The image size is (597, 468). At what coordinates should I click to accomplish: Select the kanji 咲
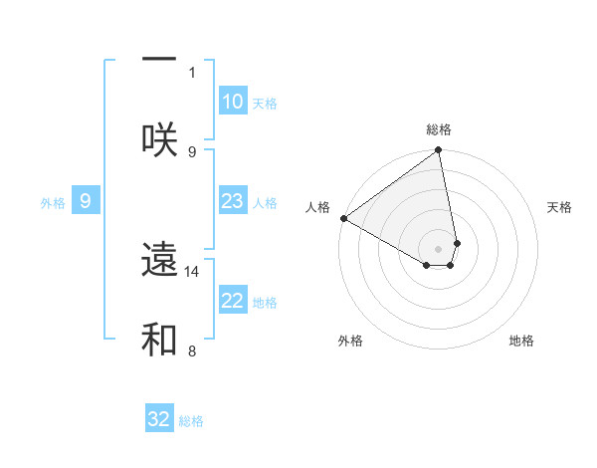159,138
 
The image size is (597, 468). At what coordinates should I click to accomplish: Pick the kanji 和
159,339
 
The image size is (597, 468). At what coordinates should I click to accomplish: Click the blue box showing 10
233,102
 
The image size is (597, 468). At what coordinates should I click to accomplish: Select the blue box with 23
233,201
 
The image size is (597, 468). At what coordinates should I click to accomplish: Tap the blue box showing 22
233,301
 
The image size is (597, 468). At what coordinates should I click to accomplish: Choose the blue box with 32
159,419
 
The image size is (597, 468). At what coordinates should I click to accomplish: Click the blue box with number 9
86,201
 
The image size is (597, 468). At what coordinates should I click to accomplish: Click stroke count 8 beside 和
192,351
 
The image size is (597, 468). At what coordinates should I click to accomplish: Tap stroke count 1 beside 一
192,72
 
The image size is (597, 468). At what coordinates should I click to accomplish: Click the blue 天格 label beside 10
265,104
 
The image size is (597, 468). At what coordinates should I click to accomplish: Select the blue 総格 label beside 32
191,421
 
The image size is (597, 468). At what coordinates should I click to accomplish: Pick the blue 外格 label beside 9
53,203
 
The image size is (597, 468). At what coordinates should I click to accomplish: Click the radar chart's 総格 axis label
439,129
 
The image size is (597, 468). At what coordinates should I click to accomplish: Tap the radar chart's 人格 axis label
317,207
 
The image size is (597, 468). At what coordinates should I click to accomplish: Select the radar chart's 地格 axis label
521,341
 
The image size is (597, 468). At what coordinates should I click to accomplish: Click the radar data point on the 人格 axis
343,218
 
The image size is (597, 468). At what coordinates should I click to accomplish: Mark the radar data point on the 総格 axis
439,150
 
